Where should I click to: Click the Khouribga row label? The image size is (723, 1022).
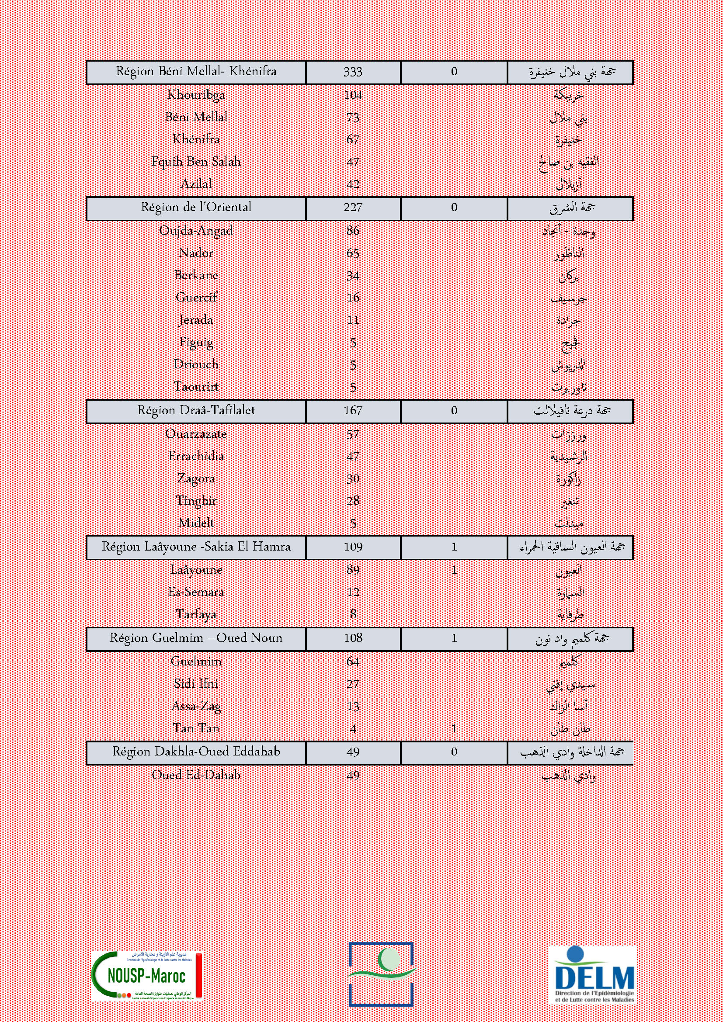tap(196, 95)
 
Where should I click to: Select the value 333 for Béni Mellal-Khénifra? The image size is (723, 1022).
tap(353, 72)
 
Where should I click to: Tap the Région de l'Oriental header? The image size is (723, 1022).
tap(196, 208)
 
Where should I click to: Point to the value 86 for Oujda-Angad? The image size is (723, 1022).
tap(353, 231)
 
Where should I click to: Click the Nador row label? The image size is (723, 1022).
tap(196, 253)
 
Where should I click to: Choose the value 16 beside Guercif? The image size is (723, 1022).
tap(353, 298)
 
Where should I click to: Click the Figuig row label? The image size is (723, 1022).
tap(196, 342)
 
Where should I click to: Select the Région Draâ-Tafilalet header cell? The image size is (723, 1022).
tap(196, 410)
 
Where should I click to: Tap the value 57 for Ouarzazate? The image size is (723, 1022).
tap(353, 434)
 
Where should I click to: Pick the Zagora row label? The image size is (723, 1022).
tap(196, 478)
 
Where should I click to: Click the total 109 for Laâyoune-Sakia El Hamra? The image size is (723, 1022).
tap(353, 547)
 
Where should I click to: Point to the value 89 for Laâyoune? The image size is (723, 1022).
tap(353, 570)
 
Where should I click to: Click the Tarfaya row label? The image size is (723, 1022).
tap(196, 614)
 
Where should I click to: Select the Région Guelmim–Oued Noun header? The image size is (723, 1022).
tap(196, 638)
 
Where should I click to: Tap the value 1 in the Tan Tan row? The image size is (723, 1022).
tap(454, 729)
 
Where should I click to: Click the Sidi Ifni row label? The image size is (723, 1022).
tap(196, 684)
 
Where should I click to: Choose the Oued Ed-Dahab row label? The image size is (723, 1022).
tap(196, 775)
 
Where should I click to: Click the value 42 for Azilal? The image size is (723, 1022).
tap(353, 184)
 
